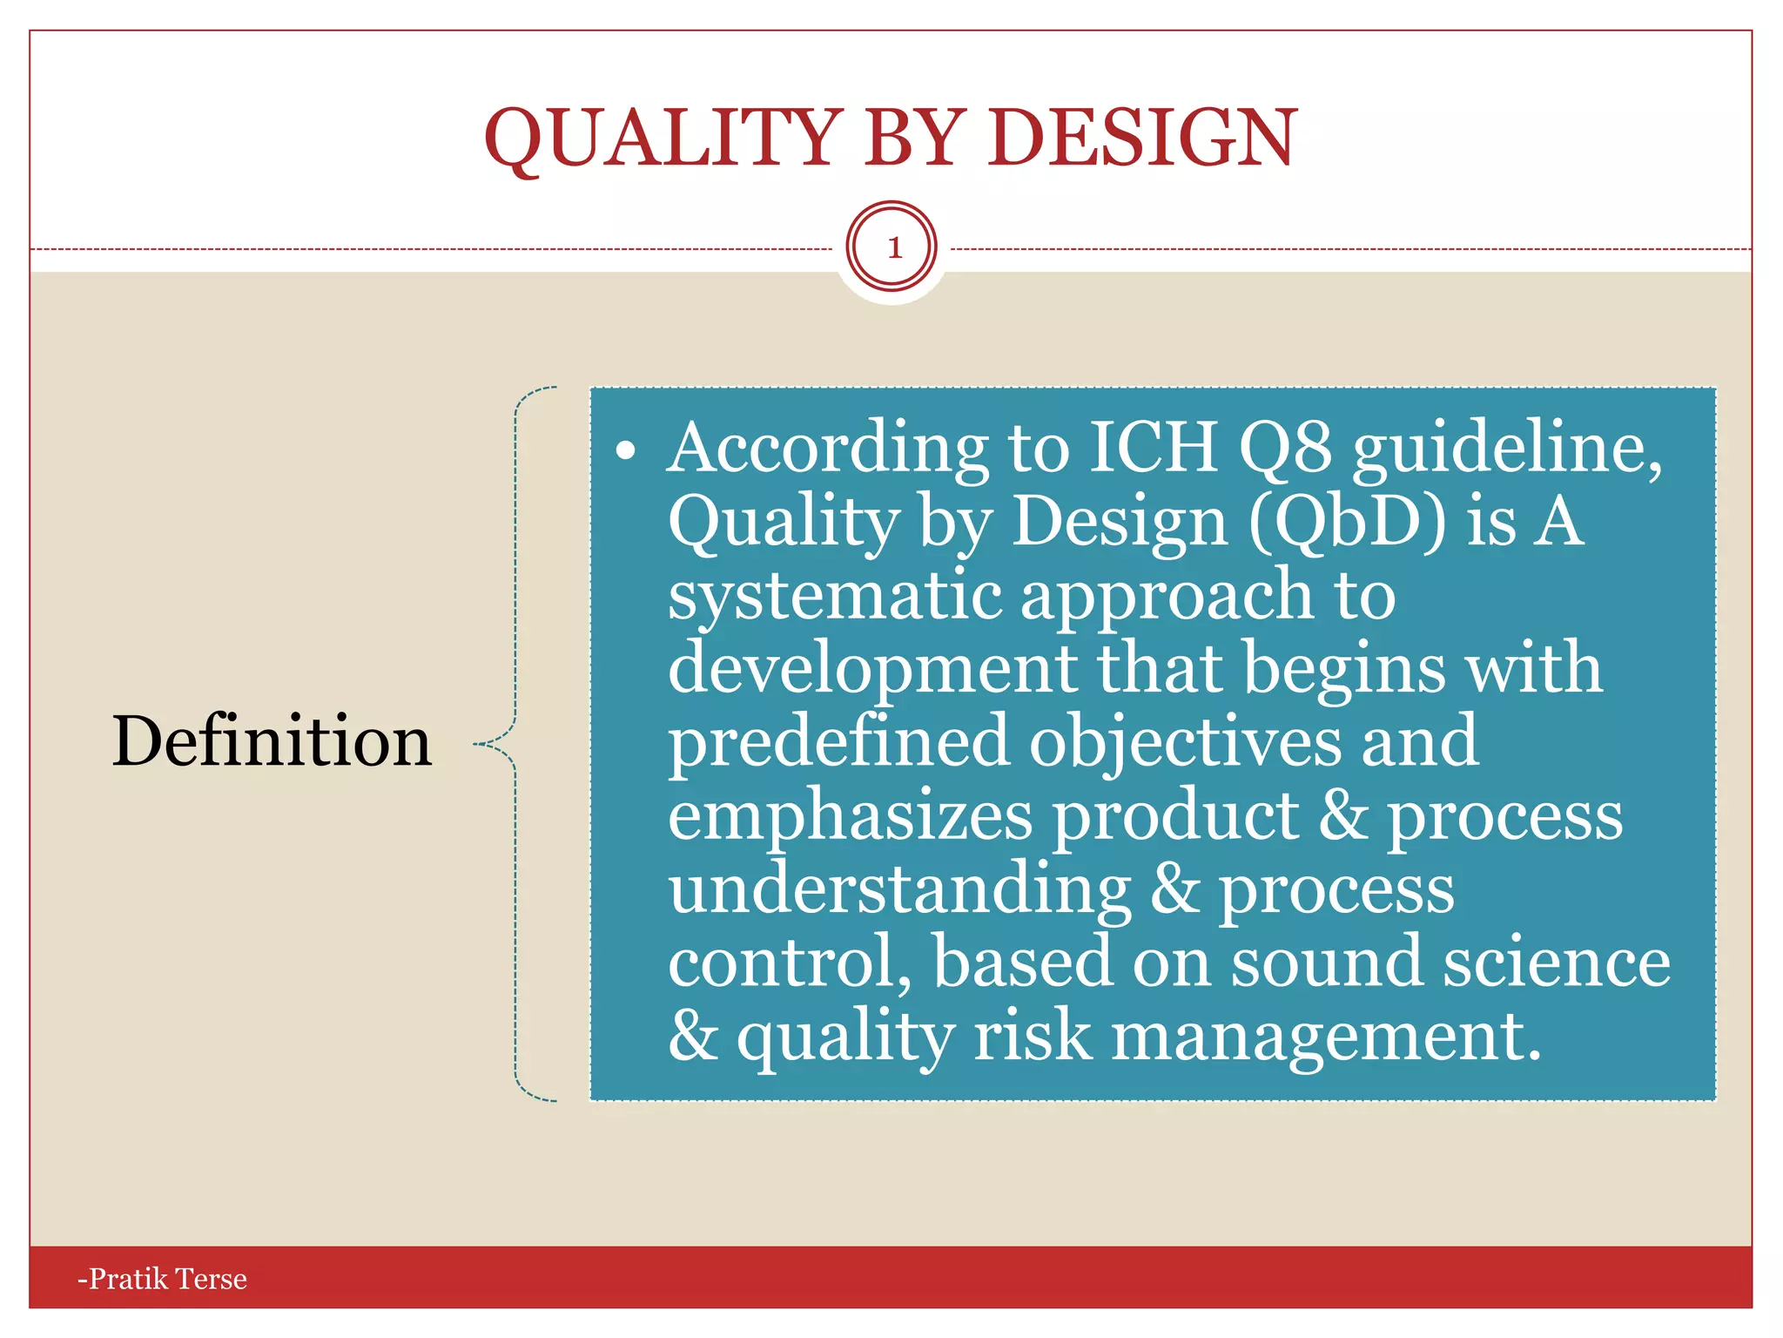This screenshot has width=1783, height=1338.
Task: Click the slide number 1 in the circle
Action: pos(893,248)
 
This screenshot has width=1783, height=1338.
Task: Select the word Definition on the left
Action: pos(272,741)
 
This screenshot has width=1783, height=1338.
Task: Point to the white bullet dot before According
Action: pos(626,451)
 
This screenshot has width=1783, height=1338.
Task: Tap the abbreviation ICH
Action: pos(1154,448)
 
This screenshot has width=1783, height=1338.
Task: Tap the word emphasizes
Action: pos(851,817)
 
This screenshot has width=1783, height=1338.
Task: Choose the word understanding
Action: pos(900,890)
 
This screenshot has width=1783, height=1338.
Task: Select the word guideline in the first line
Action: pos(1506,449)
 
